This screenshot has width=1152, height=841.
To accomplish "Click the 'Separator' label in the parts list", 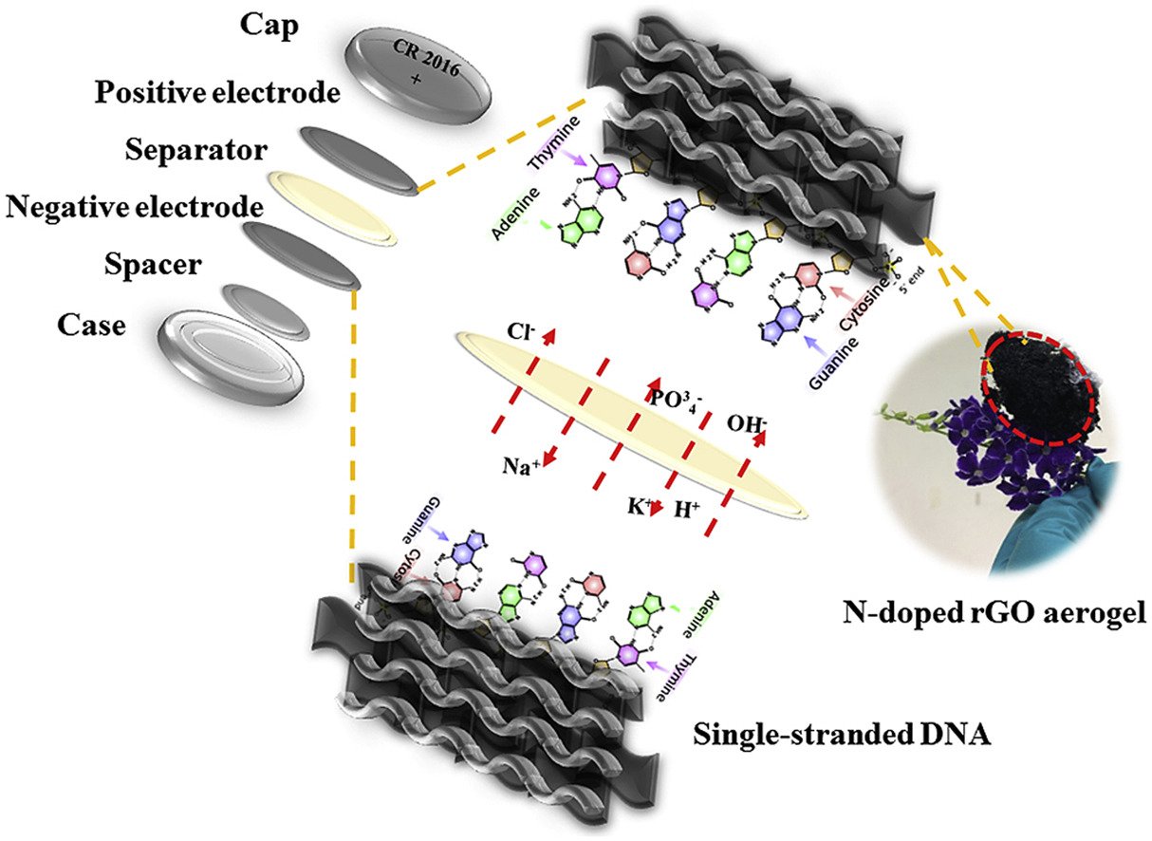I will [195, 151].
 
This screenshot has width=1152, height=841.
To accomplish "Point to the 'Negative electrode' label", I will [134, 206].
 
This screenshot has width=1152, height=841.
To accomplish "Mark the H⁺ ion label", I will [686, 509].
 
